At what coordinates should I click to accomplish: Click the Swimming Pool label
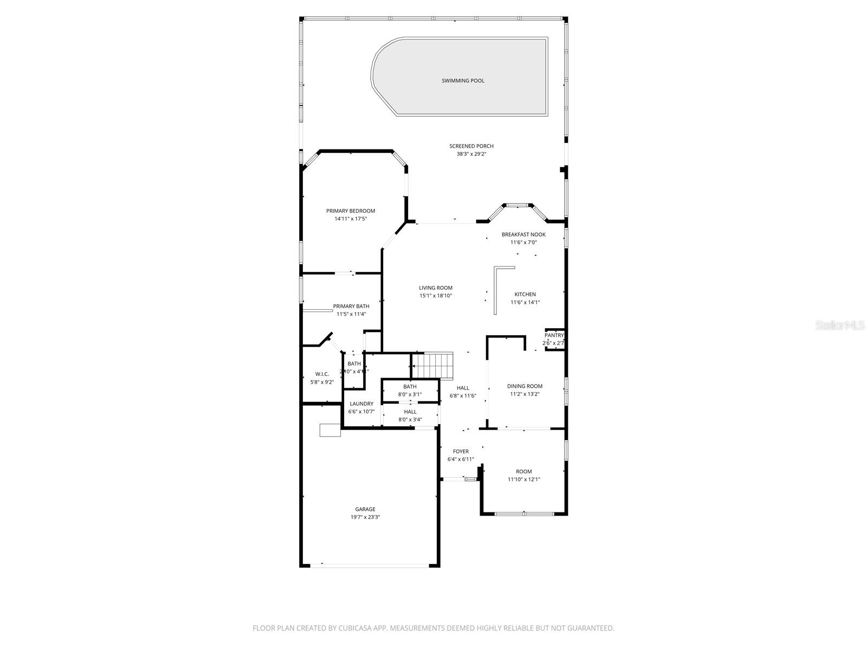pyautogui.click(x=463, y=81)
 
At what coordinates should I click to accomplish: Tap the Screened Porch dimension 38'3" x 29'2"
pyautogui.click(x=471, y=154)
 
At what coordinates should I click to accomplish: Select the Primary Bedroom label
pyautogui.click(x=350, y=211)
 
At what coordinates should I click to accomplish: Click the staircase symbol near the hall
pyautogui.click(x=432, y=365)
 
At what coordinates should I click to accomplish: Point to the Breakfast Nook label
pyautogui.click(x=523, y=235)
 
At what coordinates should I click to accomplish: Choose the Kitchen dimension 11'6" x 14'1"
pyautogui.click(x=525, y=303)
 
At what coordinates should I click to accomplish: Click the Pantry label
pyautogui.click(x=554, y=335)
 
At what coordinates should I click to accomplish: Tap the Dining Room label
pyautogui.click(x=525, y=386)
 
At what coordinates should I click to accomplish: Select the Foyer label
pyautogui.click(x=461, y=451)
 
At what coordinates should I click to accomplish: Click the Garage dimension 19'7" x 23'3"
pyautogui.click(x=365, y=517)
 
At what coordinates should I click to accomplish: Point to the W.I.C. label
pyautogui.click(x=322, y=374)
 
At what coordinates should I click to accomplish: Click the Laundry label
pyautogui.click(x=361, y=404)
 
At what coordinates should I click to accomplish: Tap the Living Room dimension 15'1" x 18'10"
pyautogui.click(x=435, y=296)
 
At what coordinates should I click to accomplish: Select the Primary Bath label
pyautogui.click(x=351, y=306)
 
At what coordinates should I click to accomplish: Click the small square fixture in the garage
pyautogui.click(x=329, y=430)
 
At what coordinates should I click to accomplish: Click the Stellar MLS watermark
pyautogui.click(x=839, y=326)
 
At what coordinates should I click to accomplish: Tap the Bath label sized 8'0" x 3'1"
pyautogui.click(x=410, y=386)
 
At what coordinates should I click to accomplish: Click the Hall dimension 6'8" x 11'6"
pyautogui.click(x=463, y=396)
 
